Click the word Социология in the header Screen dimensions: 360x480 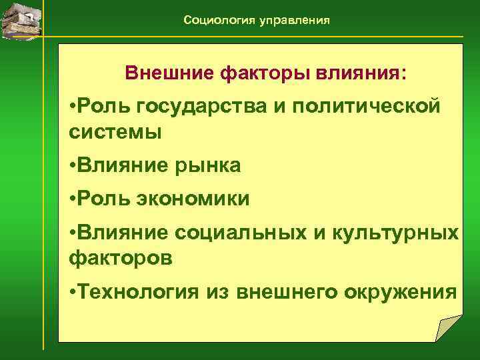click(216, 21)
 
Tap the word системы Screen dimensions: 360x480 click(115, 131)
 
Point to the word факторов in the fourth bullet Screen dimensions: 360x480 click(120, 257)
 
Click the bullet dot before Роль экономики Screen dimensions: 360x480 click(72, 199)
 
